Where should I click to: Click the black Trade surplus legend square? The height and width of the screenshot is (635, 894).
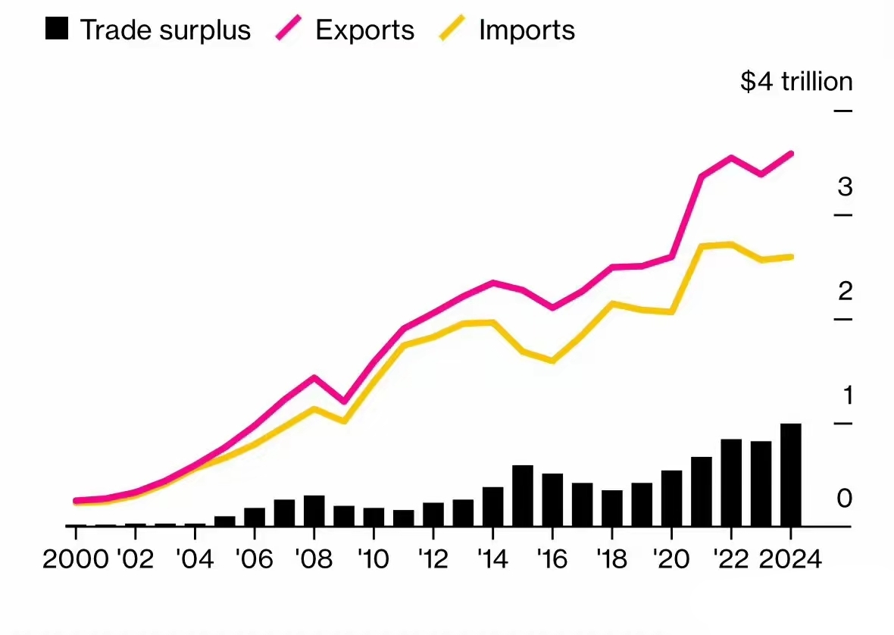(57, 30)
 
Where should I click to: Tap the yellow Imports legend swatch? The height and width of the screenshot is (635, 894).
(452, 30)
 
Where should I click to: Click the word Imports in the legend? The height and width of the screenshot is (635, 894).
(527, 30)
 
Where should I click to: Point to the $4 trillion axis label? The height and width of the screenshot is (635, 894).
(796, 81)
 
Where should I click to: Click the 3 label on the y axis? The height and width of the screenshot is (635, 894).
(845, 186)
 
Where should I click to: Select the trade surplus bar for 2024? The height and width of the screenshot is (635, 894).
(790, 474)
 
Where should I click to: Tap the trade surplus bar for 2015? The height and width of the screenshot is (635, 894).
(523, 495)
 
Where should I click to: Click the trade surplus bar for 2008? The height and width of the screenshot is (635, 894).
(314, 510)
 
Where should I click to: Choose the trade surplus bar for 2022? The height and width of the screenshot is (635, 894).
(731, 482)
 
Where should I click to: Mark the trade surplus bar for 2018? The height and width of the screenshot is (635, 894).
(612, 508)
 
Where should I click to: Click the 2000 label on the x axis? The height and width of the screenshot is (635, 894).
(76, 560)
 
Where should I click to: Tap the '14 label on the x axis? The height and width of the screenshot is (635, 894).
(493, 560)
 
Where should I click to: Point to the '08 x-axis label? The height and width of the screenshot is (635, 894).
(314, 560)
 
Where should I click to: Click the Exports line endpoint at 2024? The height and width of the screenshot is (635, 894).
(791, 154)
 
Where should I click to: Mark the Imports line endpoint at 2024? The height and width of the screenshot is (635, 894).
(791, 257)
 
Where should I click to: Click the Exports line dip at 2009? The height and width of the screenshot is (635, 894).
(344, 402)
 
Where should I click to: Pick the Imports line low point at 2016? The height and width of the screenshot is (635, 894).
(552, 361)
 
